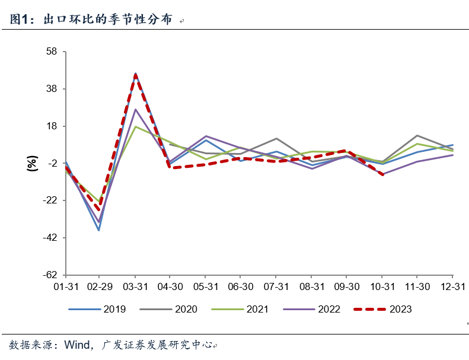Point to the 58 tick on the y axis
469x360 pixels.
pyautogui.click(x=51, y=52)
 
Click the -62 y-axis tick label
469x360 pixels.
pyautogui.click(x=49, y=275)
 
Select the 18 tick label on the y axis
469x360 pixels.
pyautogui.click(x=51, y=126)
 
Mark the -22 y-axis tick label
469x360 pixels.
pyautogui.click(x=49, y=200)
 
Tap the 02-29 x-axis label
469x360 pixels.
pyautogui.click(x=99, y=286)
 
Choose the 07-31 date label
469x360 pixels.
pyautogui.click(x=276, y=286)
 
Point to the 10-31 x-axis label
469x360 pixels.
pyautogui.click(x=382, y=286)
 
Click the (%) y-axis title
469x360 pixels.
pyautogui.click(x=32, y=163)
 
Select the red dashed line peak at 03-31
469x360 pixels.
pyautogui.click(x=135, y=75)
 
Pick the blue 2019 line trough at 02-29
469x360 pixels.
pyautogui.click(x=99, y=230)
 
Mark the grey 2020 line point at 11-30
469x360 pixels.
pyautogui.click(x=417, y=136)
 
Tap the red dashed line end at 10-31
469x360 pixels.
pyautogui.click(x=382, y=174)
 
